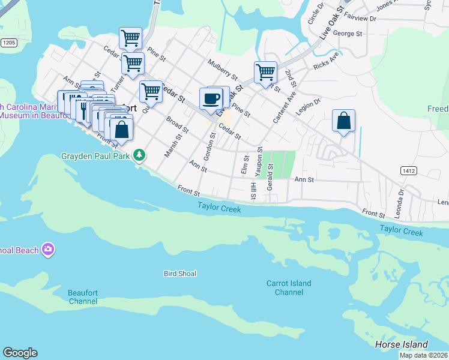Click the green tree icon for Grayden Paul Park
tap(139, 155)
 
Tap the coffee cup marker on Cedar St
tap(211, 98)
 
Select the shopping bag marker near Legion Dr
tap(343, 121)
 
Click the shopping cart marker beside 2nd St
tap(265, 73)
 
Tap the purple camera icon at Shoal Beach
tap(48, 250)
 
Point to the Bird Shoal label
tap(180, 274)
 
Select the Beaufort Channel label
tap(83, 296)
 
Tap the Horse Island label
tap(401, 344)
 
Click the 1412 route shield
tap(409, 171)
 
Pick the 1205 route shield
tap(8, 43)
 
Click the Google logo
tap(20, 353)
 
